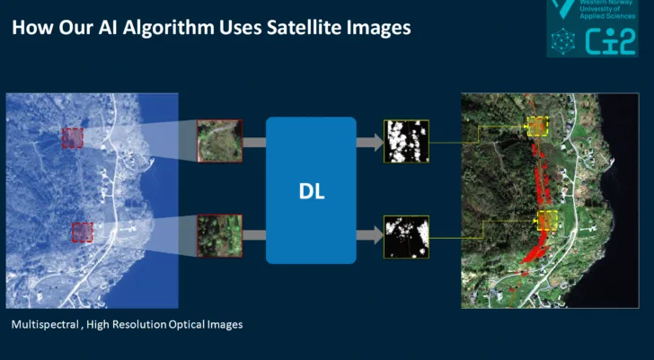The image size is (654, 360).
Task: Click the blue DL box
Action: click(x=311, y=190)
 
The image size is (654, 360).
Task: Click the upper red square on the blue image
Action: click(x=73, y=137)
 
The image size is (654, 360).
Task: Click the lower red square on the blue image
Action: click(x=83, y=233)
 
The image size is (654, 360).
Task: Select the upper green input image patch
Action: click(x=219, y=141)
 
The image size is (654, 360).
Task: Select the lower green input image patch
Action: click(x=219, y=236)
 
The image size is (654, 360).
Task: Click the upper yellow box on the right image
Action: click(x=537, y=127)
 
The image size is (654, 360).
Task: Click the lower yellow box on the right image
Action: click(x=548, y=221)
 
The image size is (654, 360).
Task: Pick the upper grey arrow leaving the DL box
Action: click(x=369, y=141)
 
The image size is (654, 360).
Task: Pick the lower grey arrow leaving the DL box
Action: click(x=369, y=236)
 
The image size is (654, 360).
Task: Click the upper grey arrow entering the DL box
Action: click(x=254, y=142)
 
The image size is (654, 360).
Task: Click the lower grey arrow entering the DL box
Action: click(x=254, y=236)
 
